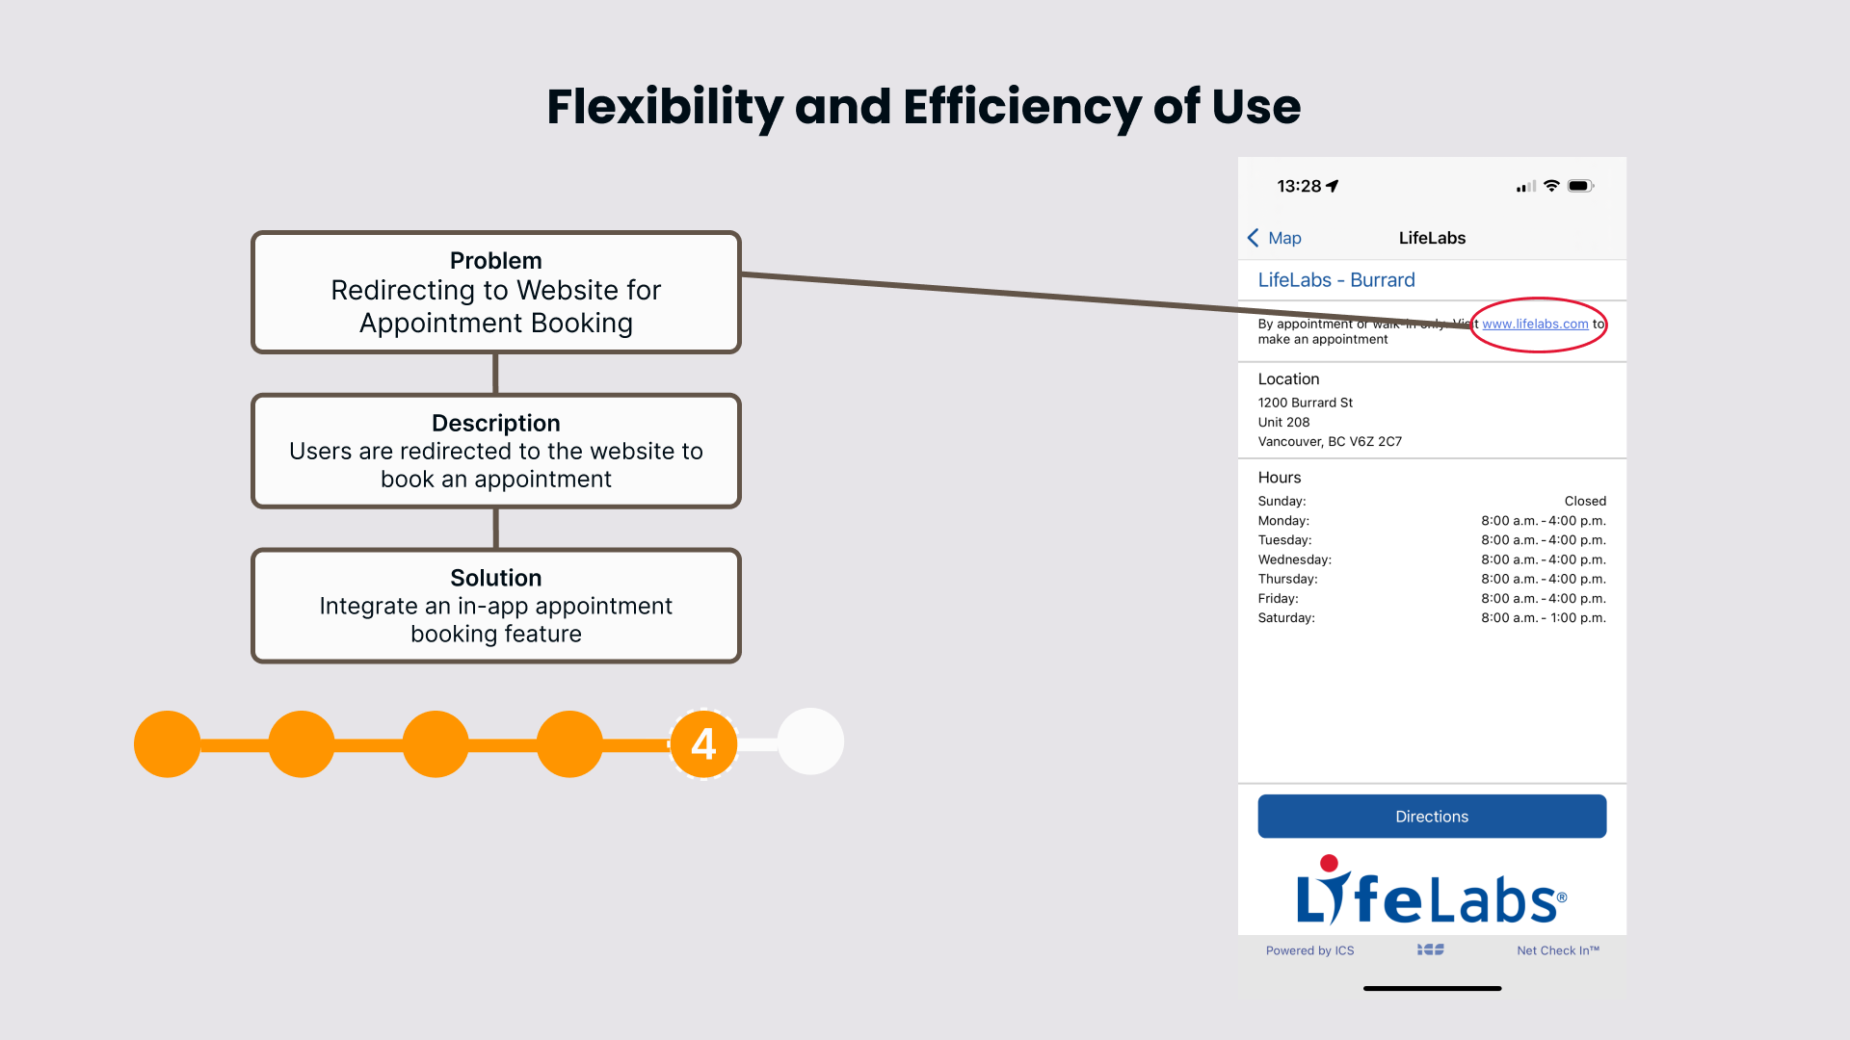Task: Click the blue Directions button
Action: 1432,817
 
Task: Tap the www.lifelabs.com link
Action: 1535,325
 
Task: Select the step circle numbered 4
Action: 703,743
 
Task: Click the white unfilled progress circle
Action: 810,741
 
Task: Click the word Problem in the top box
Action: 495,261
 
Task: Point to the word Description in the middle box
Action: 495,424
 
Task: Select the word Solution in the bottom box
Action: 495,578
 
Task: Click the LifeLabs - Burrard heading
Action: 1335,280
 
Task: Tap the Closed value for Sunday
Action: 1585,502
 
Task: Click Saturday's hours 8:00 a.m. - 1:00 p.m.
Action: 1543,618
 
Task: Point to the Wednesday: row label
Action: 1294,559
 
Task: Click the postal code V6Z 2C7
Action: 1376,442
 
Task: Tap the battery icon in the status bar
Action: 1580,186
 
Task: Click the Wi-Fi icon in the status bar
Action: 1551,186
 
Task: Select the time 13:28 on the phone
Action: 1299,186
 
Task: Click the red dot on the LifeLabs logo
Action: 1329,863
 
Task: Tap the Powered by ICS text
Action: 1309,950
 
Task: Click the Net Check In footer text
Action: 1557,950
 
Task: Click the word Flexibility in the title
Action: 664,107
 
